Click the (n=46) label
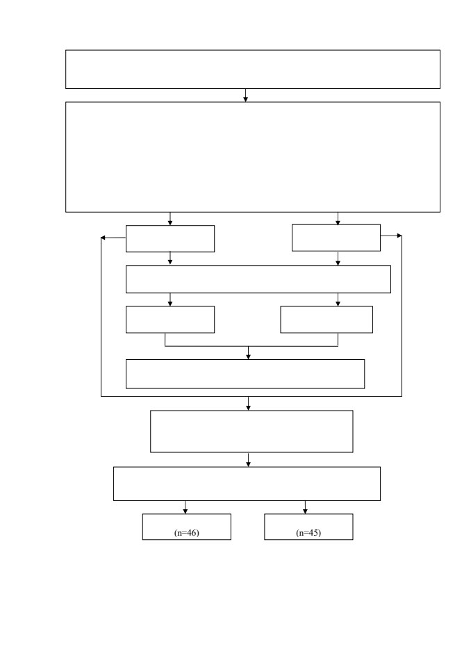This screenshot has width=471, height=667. (187, 533)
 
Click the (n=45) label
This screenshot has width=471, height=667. (308, 533)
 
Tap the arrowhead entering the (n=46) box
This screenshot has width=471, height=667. (185, 511)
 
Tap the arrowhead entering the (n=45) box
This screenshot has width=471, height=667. (305, 511)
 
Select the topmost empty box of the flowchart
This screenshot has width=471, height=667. (253, 69)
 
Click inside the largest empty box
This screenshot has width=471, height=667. (253, 157)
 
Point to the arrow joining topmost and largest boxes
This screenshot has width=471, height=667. (245, 95)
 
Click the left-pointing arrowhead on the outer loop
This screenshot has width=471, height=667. (103, 238)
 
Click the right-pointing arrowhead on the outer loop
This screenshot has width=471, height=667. (399, 236)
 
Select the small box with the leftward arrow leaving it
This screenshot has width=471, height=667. (170, 238)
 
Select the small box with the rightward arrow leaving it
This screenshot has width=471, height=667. (336, 238)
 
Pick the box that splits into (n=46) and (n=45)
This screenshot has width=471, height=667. (247, 484)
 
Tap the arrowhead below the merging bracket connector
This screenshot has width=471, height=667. (249, 356)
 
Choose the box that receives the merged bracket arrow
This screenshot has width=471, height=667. (245, 374)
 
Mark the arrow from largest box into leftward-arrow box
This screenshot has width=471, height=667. (170, 219)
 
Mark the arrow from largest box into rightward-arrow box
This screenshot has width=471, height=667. (338, 218)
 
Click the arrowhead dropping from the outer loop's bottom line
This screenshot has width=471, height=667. (249, 408)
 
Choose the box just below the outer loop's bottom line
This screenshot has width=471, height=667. (251, 431)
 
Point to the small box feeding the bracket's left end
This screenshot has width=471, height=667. (170, 320)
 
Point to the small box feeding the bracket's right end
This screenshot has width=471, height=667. (327, 320)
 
